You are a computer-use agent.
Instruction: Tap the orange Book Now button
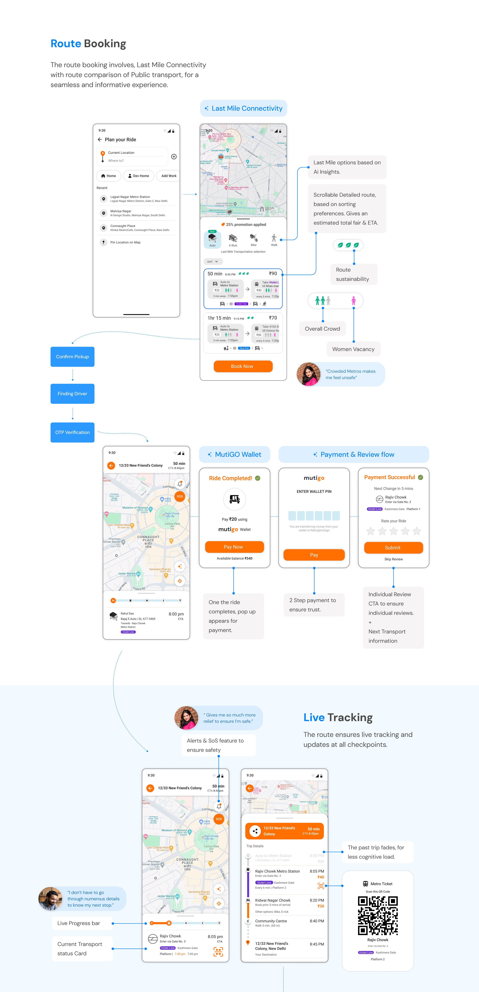click(x=243, y=366)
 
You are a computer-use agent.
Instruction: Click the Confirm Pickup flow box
click(x=73, y=357)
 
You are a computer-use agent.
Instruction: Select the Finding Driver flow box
click(x=73, y=394)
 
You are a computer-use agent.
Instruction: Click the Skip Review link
click(x=394, y=559)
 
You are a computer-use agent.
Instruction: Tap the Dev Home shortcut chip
click(x=139, y=176)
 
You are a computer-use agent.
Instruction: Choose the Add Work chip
click(x=169, y=176)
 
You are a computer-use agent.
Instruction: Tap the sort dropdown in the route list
click(x=213, y=262)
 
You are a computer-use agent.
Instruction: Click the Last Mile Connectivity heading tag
click(x=243, y=109)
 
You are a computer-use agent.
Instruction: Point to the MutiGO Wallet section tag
click(x=234, y=454)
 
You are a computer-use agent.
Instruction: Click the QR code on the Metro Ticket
click(x=378, y=916)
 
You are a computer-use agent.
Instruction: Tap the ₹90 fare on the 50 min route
click(x=273, y=273)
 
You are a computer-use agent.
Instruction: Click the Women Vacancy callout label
click(x=353, y=349)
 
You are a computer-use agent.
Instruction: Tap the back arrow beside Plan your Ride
click(x=100, y=139)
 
